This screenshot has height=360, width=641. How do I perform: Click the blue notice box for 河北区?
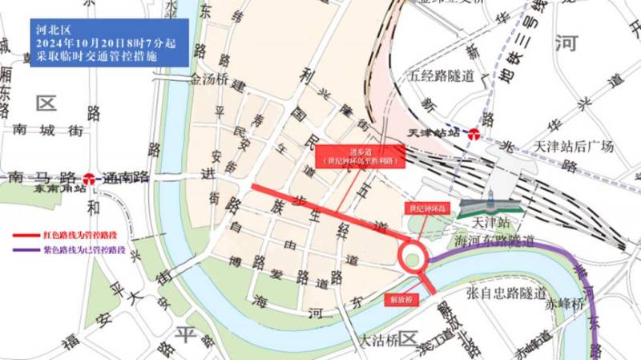(109, 42)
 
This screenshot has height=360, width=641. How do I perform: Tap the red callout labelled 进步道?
(358, 155)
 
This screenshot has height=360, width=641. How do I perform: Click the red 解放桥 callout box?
(400, 298)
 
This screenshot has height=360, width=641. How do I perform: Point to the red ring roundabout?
(413, 257)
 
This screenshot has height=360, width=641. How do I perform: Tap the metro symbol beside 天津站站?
(474, 134)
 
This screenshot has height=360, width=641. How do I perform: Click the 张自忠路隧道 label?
(507, 292)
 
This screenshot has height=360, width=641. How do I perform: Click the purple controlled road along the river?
(513, 251)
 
